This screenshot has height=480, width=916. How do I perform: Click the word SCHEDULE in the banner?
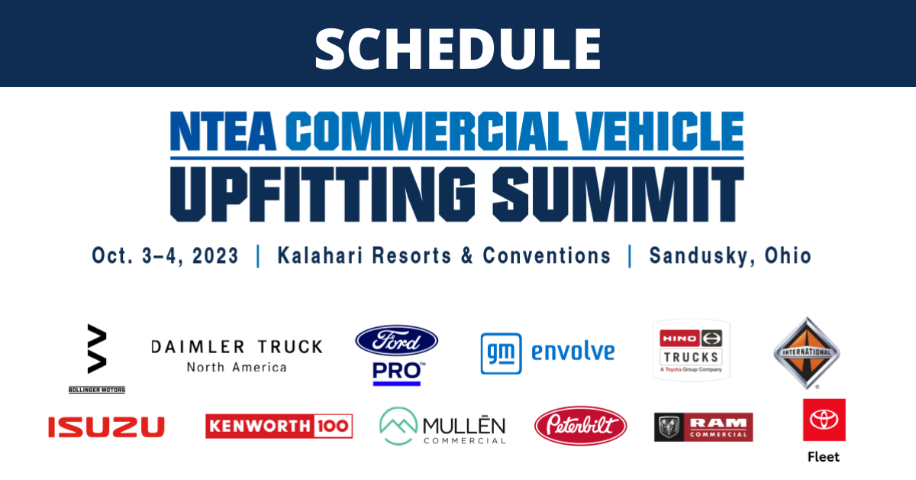point(457,49)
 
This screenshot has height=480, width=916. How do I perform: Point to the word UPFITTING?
point(323,194)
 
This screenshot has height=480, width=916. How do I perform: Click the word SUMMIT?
point(618,194)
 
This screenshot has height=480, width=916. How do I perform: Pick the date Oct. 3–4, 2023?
point(165,255)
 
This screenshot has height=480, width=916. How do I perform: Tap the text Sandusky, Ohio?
point(731,255)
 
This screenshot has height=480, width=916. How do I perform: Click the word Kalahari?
point(320,255)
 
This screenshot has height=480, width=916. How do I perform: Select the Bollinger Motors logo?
point(97,358)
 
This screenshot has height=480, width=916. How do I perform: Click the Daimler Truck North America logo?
point(237,356)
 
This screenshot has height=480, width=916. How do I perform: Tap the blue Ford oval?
point(397,341)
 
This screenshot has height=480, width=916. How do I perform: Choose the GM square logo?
point(501,353)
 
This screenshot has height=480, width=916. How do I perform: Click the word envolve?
point(573,352)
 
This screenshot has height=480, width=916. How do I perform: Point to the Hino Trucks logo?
point(691,351)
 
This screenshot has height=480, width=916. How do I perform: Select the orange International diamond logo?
point(806,352)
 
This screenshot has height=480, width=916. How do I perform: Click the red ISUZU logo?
point(106,427)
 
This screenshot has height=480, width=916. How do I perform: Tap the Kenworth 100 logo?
point(279,426)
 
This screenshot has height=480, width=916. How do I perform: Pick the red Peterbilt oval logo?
point(581,426)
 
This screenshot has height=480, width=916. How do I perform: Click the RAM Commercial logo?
point(703,427)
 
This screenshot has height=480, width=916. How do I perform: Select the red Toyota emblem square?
point(824,420)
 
